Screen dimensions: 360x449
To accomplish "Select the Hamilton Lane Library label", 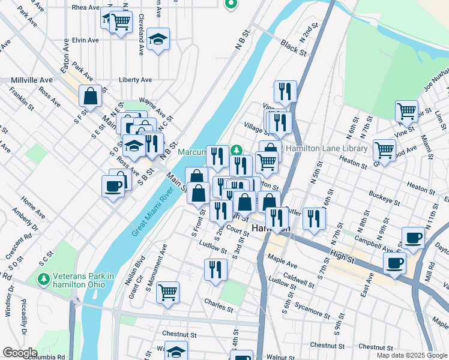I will pos(326,149).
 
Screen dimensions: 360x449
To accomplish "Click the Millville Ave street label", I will pos(31,80).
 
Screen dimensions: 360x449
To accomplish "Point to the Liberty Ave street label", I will pos(135,80).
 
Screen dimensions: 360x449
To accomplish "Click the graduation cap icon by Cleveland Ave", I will pos(158,39).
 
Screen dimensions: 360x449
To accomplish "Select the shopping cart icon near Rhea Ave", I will pos(121,22).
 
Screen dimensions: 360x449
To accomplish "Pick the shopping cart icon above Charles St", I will pos(168,292).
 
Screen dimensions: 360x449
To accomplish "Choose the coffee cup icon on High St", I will pos(394,263).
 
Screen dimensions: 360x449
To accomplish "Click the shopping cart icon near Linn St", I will pos(406,110).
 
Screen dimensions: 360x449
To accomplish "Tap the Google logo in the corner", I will pos(20,353).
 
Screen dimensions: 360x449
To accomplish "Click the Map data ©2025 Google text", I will pos(412,355).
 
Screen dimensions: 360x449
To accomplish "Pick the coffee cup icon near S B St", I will pos(113,186).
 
